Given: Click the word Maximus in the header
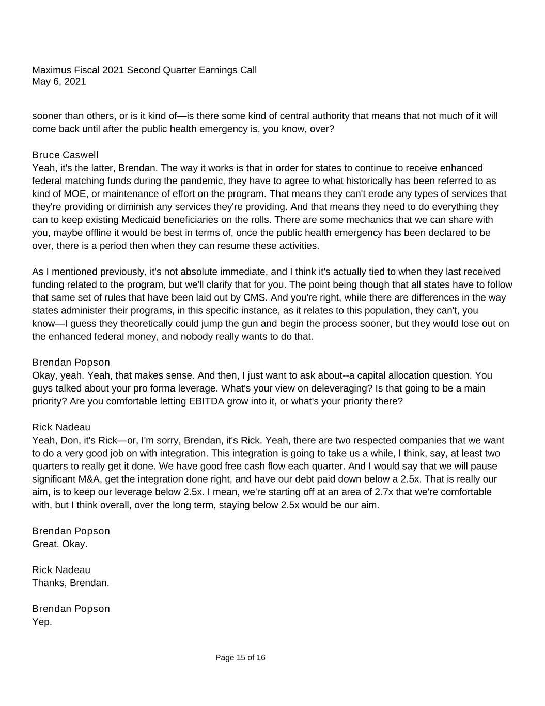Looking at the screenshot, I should coord(50,70).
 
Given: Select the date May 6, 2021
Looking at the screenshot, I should coord(59,82).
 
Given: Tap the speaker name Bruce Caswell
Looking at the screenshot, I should coord(65,155).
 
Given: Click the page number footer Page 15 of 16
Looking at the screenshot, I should coord(240,658).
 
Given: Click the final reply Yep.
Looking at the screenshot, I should coord(42,622).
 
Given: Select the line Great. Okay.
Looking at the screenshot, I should coord(59,544).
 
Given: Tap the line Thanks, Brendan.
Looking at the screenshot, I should coord(70,583).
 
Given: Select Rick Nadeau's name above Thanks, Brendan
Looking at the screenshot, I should coord(61,570).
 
